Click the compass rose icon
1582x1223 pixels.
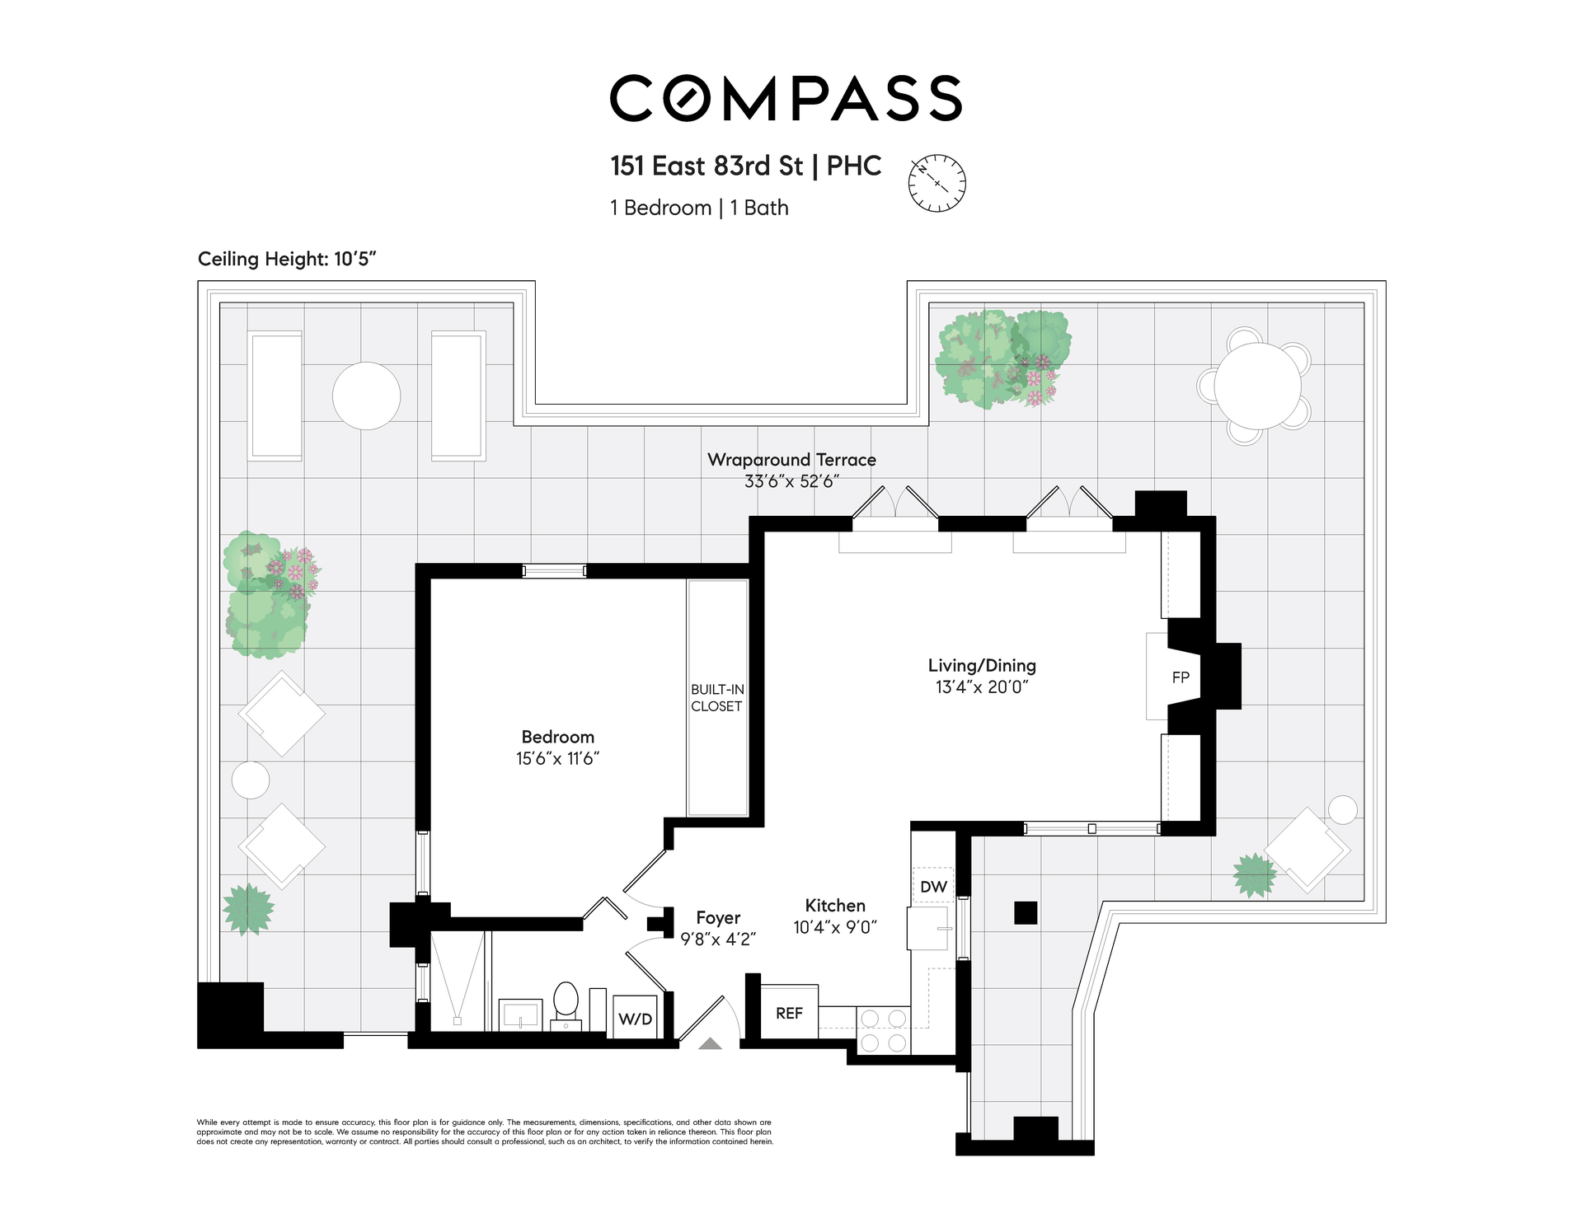937,183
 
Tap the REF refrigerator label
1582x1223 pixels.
789,1013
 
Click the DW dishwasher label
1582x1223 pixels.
933,887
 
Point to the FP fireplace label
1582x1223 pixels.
1181,677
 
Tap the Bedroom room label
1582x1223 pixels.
558,737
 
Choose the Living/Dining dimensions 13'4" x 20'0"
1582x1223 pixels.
982,686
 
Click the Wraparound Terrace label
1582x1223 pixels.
791,460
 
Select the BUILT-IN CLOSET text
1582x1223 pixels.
717,697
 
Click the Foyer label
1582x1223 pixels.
718,918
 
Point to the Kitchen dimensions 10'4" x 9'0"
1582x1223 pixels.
835,927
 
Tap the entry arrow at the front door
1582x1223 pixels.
711,1043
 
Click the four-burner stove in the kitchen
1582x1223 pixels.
884,1030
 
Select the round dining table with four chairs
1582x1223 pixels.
1257,386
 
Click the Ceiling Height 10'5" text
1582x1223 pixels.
287,259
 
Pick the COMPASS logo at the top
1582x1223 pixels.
786,98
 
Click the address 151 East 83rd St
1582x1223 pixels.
707,166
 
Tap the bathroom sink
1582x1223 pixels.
520,1014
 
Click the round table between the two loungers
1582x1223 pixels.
367,396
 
